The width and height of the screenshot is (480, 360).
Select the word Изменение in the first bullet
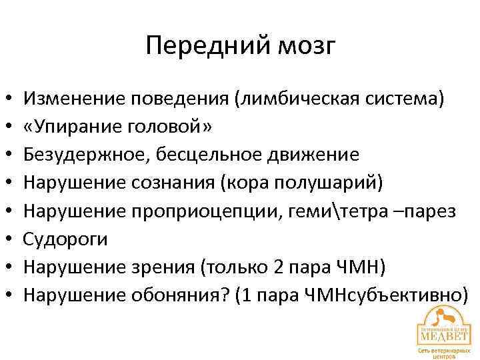(x=74, y=99)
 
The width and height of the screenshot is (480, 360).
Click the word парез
(x=433, y=211)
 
